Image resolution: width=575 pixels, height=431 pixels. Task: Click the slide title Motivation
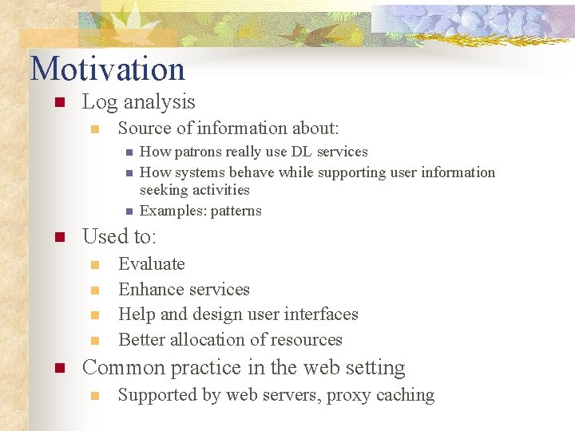click(107, 69)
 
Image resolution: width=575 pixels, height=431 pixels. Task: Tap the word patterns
click(236, 211)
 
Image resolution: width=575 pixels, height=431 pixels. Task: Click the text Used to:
click(120, 237)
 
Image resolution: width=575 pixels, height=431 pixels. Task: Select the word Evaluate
click(151, 264)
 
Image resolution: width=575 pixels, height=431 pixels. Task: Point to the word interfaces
click(318, 314)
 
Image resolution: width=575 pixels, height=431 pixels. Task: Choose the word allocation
click(209, 340)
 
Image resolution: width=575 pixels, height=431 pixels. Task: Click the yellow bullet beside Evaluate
click(94, 265)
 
